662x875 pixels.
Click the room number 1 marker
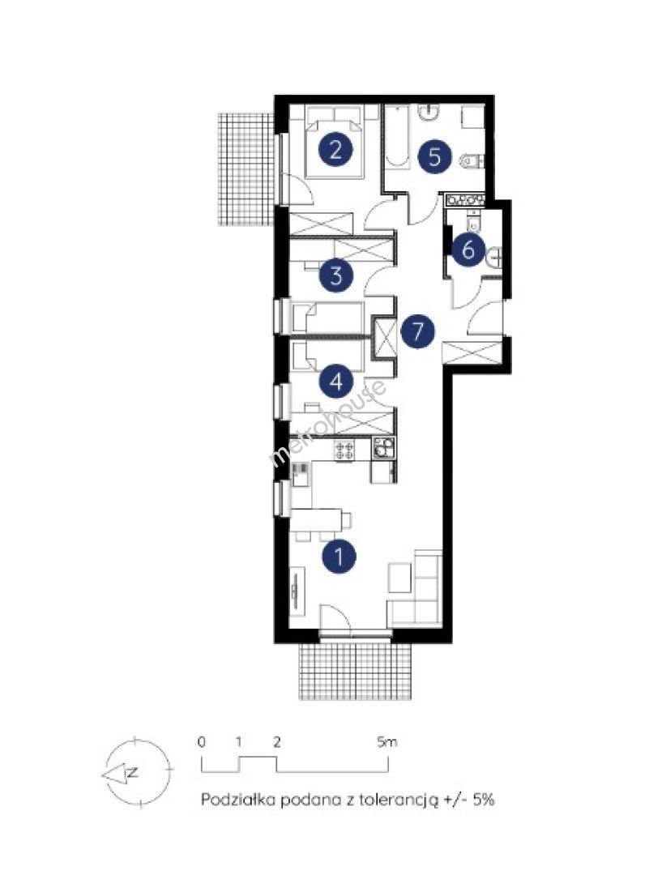point(339,556)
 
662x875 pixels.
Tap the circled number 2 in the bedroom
point(335,150)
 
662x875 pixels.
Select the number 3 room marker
point(336,275)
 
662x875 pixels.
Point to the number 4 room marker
point(335,382)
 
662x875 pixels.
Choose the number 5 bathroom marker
point(435,156)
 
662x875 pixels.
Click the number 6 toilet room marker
point(468,249)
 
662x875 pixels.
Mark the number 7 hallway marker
point(417,331)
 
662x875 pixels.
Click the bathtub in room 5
point(396,136)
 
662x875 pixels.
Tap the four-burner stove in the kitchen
point(344,450)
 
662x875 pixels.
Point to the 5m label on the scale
point(387,742)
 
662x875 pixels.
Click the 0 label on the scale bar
point(202,742)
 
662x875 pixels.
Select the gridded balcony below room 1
point(357,671)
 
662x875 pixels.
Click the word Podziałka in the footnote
point(237,800)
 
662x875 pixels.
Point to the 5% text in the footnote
point(484,800)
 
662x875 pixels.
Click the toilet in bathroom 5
point(471,161)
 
